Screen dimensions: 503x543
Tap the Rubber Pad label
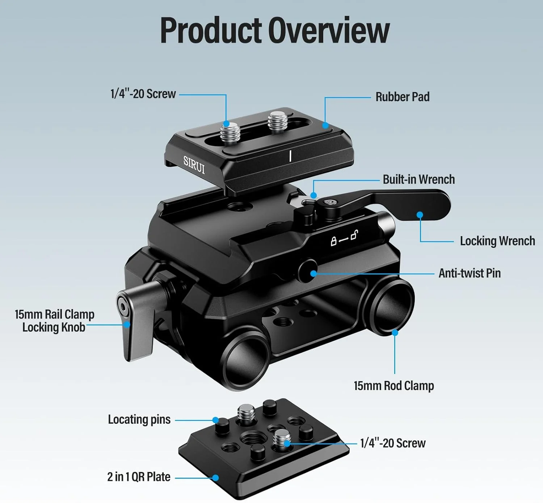coord(402,97)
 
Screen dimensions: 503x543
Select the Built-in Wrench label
coord(418,179)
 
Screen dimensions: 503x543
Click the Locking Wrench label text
coord(497,241)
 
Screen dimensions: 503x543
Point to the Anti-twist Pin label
coord(470,273)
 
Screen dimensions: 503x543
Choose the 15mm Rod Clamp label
coord(393,386)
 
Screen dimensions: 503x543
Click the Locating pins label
coord(139,419)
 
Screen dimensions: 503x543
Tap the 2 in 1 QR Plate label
coord(139,477)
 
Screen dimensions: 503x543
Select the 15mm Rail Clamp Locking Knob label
coord(54,321)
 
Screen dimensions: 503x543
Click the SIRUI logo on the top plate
coord(194,165)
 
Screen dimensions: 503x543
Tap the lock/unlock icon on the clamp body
coord(344,238)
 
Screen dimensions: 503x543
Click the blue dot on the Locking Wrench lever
coord(420,215)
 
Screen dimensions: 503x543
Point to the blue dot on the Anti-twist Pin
coord(313,273)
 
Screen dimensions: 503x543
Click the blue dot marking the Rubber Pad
coord(325,125)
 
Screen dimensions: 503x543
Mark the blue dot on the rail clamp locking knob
coord(127,324)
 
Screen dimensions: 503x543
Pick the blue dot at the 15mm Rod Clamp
coord(395,332)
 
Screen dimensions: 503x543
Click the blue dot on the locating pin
coord(216,420)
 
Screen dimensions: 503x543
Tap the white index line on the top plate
coord(290,156)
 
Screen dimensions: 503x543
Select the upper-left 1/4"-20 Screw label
coord(143,94)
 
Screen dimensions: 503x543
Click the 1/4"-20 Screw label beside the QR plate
coord(393,443)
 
